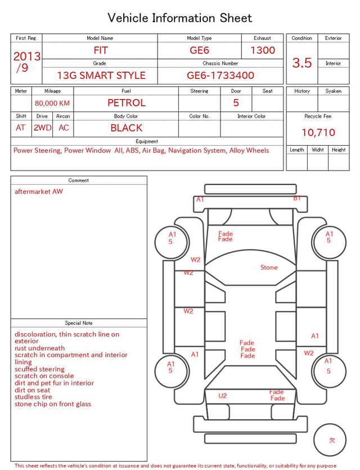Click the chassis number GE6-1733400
[x=220, y=75]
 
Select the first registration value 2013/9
[x=26, y=62]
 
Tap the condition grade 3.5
[x=302, y=63]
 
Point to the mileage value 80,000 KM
[x=52, y=104]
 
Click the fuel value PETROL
[x=127, y=103]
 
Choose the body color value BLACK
[x=127, y=128]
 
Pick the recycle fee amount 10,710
[x=318, y=132]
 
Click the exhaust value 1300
[x=263, y=50]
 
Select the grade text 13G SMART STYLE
[x=101, y=75]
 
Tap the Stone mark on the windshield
[x=269, y=267]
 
